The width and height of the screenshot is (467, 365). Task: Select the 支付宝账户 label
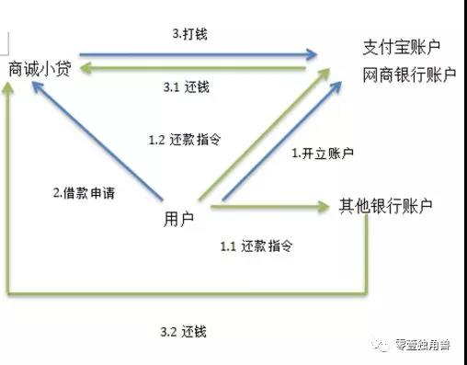402,50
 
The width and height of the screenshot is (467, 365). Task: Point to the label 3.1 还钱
192,87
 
